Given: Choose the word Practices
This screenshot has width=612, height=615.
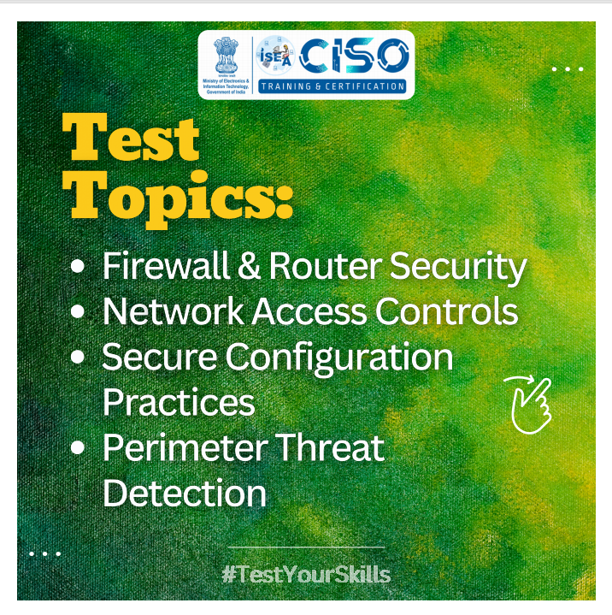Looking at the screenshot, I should (179, 402).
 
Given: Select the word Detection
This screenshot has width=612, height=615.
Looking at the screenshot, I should (184, 494).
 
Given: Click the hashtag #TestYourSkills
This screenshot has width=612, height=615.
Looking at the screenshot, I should (306, 573).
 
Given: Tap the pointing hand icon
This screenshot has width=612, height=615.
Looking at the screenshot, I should (530, 403).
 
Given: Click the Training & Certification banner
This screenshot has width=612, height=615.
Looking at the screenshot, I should (332, 86).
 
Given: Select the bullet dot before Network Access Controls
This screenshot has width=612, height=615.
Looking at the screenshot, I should (79, 312).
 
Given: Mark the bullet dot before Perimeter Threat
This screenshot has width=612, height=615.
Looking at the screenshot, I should (79, 448).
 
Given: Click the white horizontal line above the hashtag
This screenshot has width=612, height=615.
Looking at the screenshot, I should (306, 547).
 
